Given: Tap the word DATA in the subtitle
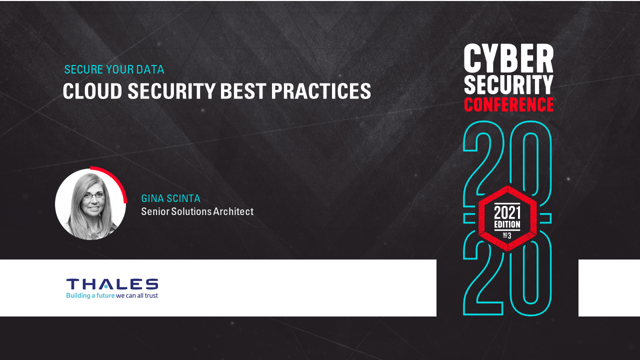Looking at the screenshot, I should pos(151,69).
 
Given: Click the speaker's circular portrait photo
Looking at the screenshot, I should pos(90,204).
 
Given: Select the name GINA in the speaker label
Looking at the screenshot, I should pos(153,198).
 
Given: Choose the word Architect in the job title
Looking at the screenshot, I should pos(233,211).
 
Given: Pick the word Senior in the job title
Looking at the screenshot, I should pos(155,211).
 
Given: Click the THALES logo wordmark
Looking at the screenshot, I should pos(112,284).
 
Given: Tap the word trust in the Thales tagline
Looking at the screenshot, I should pos(150,296).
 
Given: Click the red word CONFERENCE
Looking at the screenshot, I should pos(508,104).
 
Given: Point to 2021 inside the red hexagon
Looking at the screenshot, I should pos(507,212).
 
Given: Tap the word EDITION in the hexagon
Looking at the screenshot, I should pos(507,224).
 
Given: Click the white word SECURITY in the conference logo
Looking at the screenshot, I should pos(508,85).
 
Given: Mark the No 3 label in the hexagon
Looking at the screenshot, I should pos(507,235).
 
